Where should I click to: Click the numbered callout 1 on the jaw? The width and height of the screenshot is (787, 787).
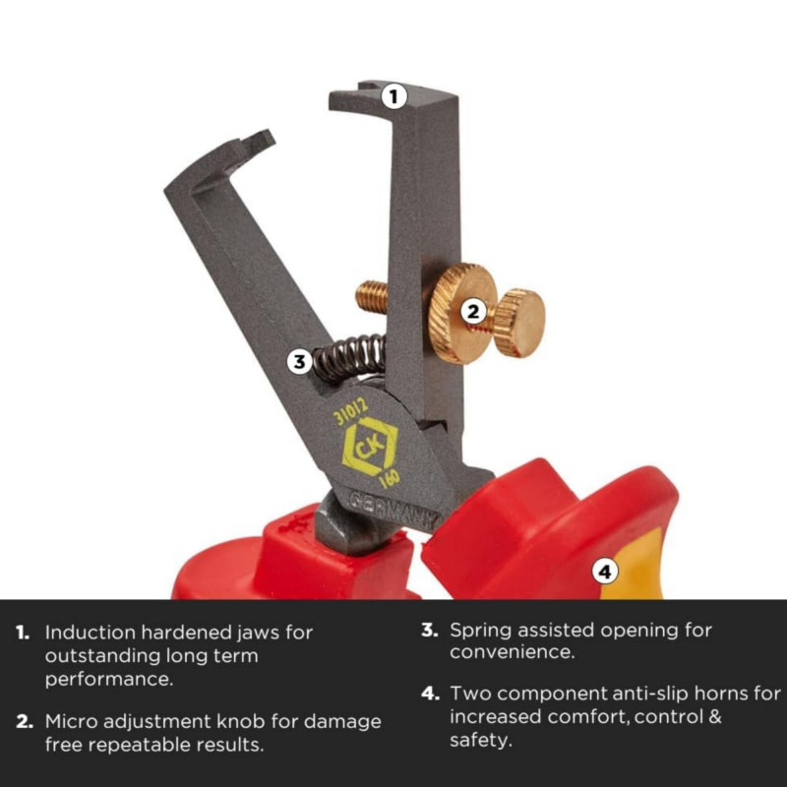click(x=393, y=96)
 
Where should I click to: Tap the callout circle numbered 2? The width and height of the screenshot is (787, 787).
click(x=473, y=312)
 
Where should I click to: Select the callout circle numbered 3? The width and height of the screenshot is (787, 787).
click(x=300, y=361)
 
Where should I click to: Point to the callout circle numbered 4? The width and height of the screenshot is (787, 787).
click(x=605, y=572)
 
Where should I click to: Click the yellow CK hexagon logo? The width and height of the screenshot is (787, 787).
click(x=369, y=446)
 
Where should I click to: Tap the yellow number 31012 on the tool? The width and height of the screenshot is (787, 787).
click(x=351, y=411)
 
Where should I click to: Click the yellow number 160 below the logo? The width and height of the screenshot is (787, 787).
click(x=390, y=479)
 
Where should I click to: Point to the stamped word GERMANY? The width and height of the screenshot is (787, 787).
click(x=394, y=512)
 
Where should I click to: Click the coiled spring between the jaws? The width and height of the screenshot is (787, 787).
click(x=350, y=357)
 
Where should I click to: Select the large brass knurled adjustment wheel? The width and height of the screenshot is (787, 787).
click(x=459, y=313)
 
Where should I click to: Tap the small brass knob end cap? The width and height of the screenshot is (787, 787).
click(x=520, y=324)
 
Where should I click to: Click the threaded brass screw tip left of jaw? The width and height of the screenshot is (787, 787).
click(x=372, y=297)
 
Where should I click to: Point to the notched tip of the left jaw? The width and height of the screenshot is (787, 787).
click(x=260, y=140)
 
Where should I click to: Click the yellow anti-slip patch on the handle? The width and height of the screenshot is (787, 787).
click(x=634, y=565)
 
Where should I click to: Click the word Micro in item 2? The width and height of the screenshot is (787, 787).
click(x=71, y=721)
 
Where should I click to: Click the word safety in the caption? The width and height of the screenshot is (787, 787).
click(x=480, y=741)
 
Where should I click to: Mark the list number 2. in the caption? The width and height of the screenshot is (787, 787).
click(x=25, y=722)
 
